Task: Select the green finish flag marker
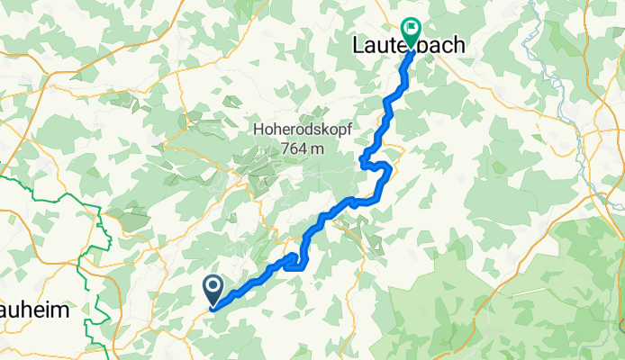pos(412,31)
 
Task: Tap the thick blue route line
pos(311,234)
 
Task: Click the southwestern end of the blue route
pos(213,308)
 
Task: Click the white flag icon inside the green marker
pos(412,28)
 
